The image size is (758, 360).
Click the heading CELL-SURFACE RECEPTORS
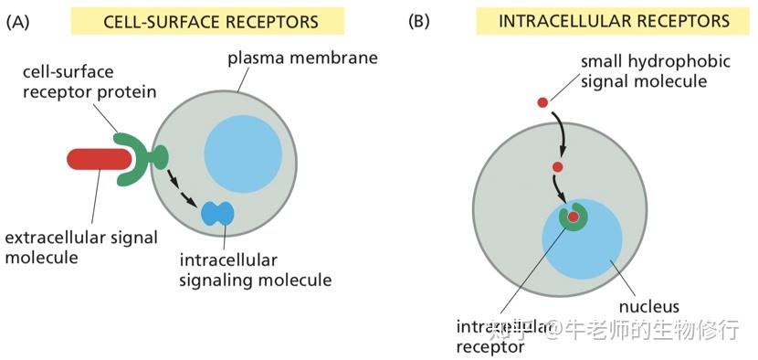[207, 21]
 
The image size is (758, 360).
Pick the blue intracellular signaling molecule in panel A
[217, 214]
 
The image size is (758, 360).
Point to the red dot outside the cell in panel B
[542, 101]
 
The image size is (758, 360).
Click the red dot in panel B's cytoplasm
[557, 167]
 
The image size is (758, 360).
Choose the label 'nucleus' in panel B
[648, 306]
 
